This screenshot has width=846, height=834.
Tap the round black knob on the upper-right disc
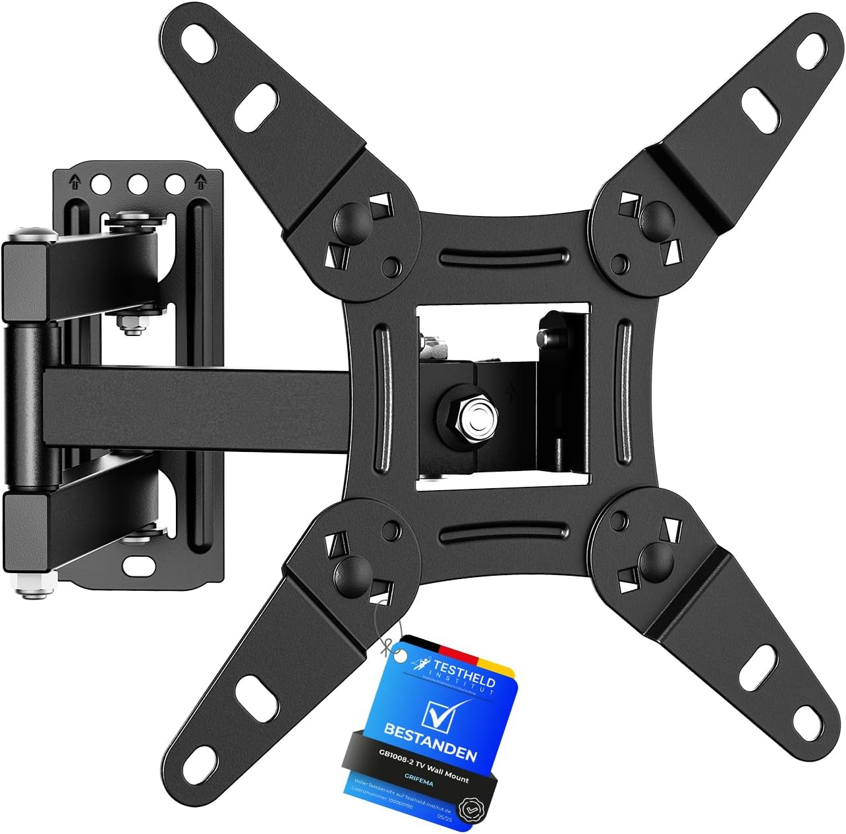pos(654,213)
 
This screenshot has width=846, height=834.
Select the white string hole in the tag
pos(398,654)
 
